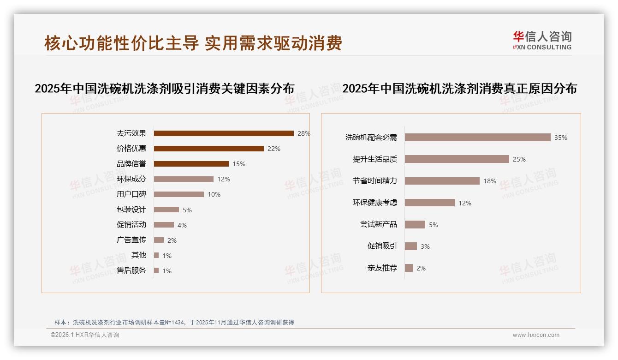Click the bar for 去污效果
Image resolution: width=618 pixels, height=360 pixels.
(224, 133)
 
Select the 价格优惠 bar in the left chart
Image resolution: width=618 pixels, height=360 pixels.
(208, 149)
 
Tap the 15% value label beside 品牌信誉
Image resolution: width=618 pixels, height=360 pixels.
(239, 164)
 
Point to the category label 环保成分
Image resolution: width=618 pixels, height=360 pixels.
(131, 179)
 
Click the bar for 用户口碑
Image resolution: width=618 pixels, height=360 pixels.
(179, 194)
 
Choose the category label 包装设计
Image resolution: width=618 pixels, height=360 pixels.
(131, 210)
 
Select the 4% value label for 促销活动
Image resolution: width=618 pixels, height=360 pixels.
(182, 225)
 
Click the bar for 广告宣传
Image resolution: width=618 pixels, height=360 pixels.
(159, 240)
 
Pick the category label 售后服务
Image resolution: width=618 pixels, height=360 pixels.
(131, 270)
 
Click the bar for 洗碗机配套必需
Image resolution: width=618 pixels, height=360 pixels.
(477, 138)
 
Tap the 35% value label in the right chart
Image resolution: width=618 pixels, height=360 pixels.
(561, 138)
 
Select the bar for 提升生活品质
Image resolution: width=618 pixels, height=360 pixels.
(457, 159)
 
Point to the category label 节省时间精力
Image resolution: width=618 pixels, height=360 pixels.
(374, 181)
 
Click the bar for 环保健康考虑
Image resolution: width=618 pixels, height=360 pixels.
(429, 203)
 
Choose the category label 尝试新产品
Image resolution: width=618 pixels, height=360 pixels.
(378, 224)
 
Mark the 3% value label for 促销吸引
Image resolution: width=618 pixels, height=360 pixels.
(425, 246)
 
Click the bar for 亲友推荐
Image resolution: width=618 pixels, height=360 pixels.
(409, 268)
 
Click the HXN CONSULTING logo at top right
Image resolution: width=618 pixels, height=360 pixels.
(542, 40)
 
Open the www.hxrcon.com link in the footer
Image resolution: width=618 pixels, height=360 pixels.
(536, 335)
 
